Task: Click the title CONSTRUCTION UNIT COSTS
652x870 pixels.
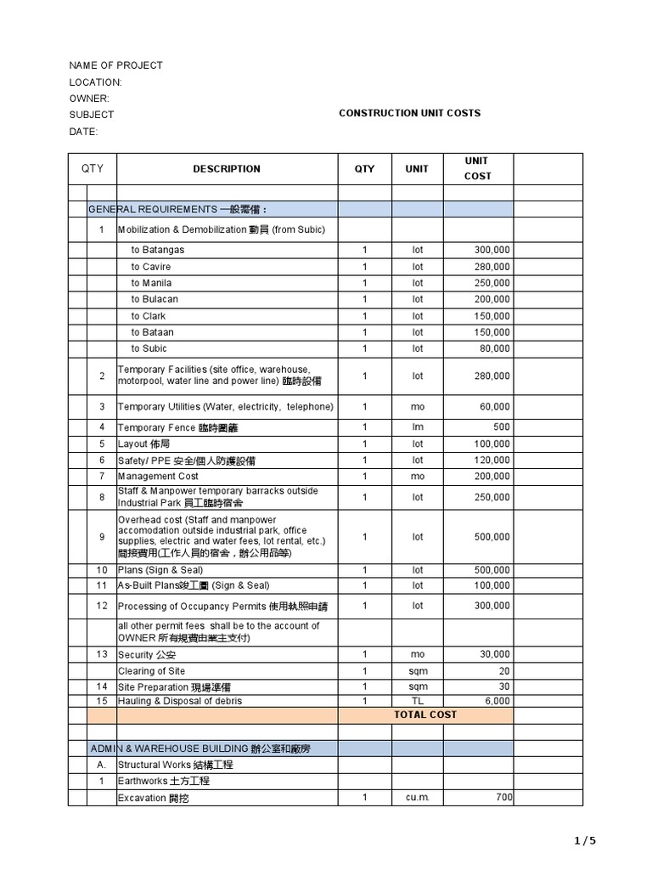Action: [409, 113]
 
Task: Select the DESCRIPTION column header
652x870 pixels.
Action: [227, 168]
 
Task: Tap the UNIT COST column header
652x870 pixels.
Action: [477, 168]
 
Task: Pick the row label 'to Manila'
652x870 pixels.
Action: [151, 283]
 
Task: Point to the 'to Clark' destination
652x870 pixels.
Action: [149, 316]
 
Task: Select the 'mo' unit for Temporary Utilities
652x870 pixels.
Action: [417, 407]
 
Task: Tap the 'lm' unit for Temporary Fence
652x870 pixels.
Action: [417, 427]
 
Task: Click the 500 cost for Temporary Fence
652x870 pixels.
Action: [501, 427]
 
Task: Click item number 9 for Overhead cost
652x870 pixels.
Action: [102, 537]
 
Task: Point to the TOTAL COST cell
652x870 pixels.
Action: [424, 715]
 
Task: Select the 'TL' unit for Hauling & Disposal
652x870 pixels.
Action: [417, 701]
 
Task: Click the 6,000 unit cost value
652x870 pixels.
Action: [497, 701]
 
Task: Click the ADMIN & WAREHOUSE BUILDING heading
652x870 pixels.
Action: [201, 749]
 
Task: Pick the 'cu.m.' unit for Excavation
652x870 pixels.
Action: [417, 798]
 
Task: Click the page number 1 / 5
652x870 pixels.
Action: [585, 841]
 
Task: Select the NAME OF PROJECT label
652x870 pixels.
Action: [115, 65]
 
